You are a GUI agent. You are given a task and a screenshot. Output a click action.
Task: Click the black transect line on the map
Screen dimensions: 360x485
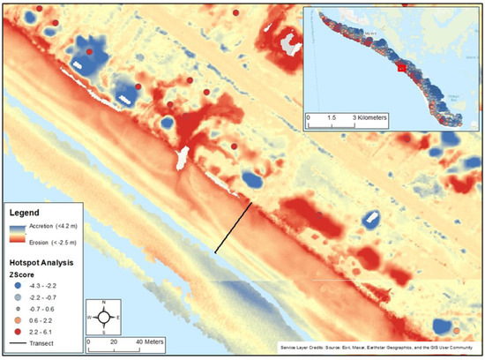234,228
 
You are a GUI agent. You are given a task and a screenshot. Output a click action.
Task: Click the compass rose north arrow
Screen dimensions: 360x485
103,316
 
